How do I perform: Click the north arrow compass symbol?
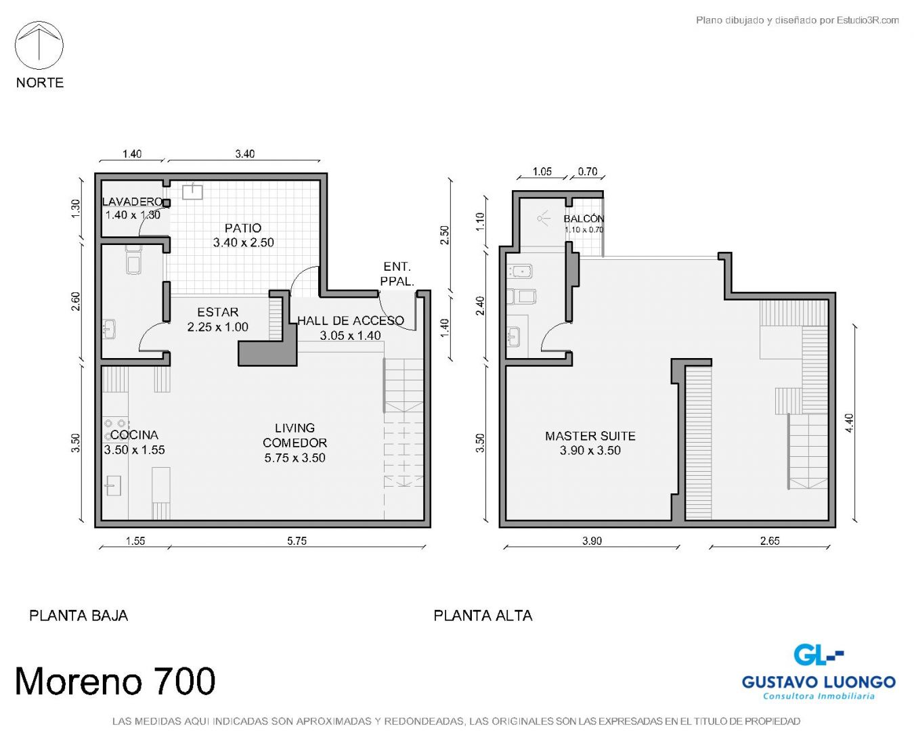pos(39,45)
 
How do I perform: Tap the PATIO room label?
pos(243,228)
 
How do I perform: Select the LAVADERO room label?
pos(133,201)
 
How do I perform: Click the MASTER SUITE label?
pos(590,436)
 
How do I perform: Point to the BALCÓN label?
pos(584,219)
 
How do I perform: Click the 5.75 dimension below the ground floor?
pos(297,541)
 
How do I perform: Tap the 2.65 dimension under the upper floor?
pos(770,541)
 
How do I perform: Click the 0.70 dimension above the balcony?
pos(588,171)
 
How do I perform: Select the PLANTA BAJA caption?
pos(79,615)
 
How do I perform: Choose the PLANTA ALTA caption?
pos(483,615)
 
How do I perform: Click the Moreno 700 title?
pos(115,681)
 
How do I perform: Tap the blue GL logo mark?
pos(818,655)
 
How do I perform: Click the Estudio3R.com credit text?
pos(867,20)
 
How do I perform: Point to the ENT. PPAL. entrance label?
pos(397,273)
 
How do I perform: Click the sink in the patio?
pos(192,192)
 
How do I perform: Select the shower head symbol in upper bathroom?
pos(543,219)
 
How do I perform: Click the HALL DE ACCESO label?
pos(351,321)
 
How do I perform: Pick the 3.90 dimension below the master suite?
pos(592,541)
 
